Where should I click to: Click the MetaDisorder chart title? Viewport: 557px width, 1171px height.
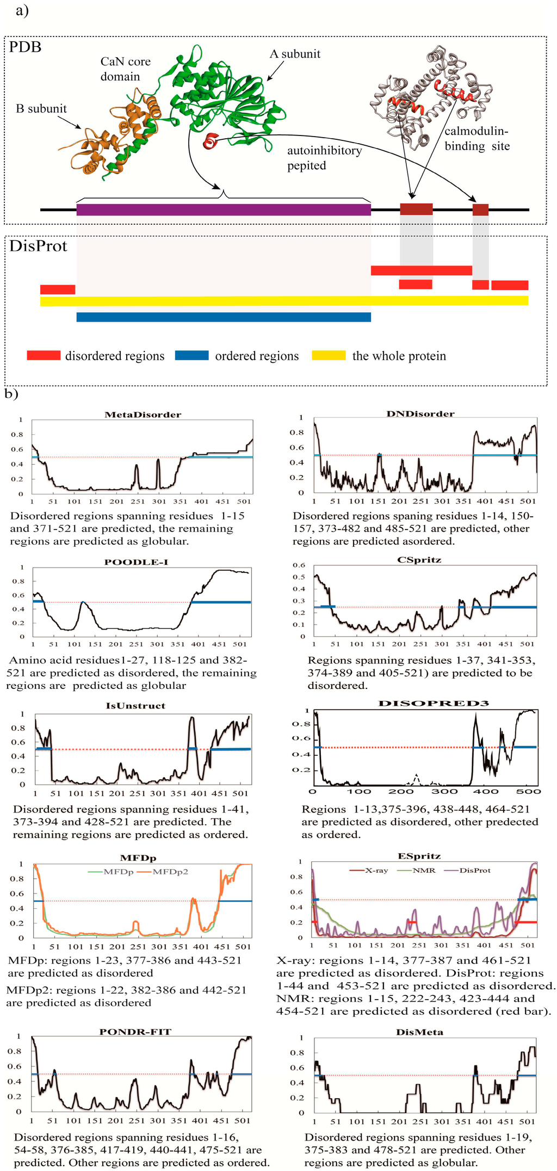point(143,415)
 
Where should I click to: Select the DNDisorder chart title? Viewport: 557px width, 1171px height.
point(420,414)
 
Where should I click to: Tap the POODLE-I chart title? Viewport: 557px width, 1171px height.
point(136,562)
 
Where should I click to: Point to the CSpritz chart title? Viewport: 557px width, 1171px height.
point(419,559)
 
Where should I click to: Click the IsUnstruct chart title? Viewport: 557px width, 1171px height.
point(135,706)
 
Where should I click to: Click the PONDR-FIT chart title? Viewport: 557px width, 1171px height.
point(135,1032)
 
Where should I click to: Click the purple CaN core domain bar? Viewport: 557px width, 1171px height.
point(224,209)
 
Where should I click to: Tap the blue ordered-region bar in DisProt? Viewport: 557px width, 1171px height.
point(224,317)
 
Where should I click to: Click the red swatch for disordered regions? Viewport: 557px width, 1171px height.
point(44,355)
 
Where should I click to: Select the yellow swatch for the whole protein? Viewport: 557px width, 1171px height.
point(329,355)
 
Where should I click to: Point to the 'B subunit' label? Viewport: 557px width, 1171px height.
point(41,109)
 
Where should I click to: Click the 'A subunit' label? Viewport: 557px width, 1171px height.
point(295,54)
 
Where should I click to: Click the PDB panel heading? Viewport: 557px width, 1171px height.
point(26,47)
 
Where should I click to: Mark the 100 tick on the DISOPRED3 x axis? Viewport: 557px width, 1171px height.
point(359,791)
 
